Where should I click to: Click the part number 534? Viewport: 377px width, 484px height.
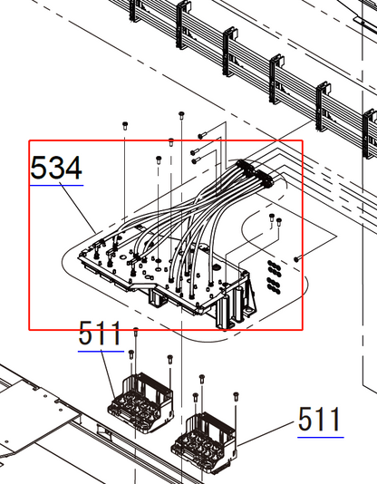tap(57, 168)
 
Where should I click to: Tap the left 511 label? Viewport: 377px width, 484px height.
tap(100, 334)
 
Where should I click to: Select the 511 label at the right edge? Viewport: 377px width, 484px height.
tap(320, 420)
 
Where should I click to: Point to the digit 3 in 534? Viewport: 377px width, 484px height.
tap(57, 168)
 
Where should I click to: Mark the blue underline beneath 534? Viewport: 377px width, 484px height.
tap(57, 185)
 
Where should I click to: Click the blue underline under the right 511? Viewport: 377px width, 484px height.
tap(320, 437)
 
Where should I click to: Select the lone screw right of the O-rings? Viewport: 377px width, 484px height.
tap(297, 258)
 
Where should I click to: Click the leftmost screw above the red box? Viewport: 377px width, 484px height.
tap(124, 122)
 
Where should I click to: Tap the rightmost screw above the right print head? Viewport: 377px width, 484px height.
tap(237, 395)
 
